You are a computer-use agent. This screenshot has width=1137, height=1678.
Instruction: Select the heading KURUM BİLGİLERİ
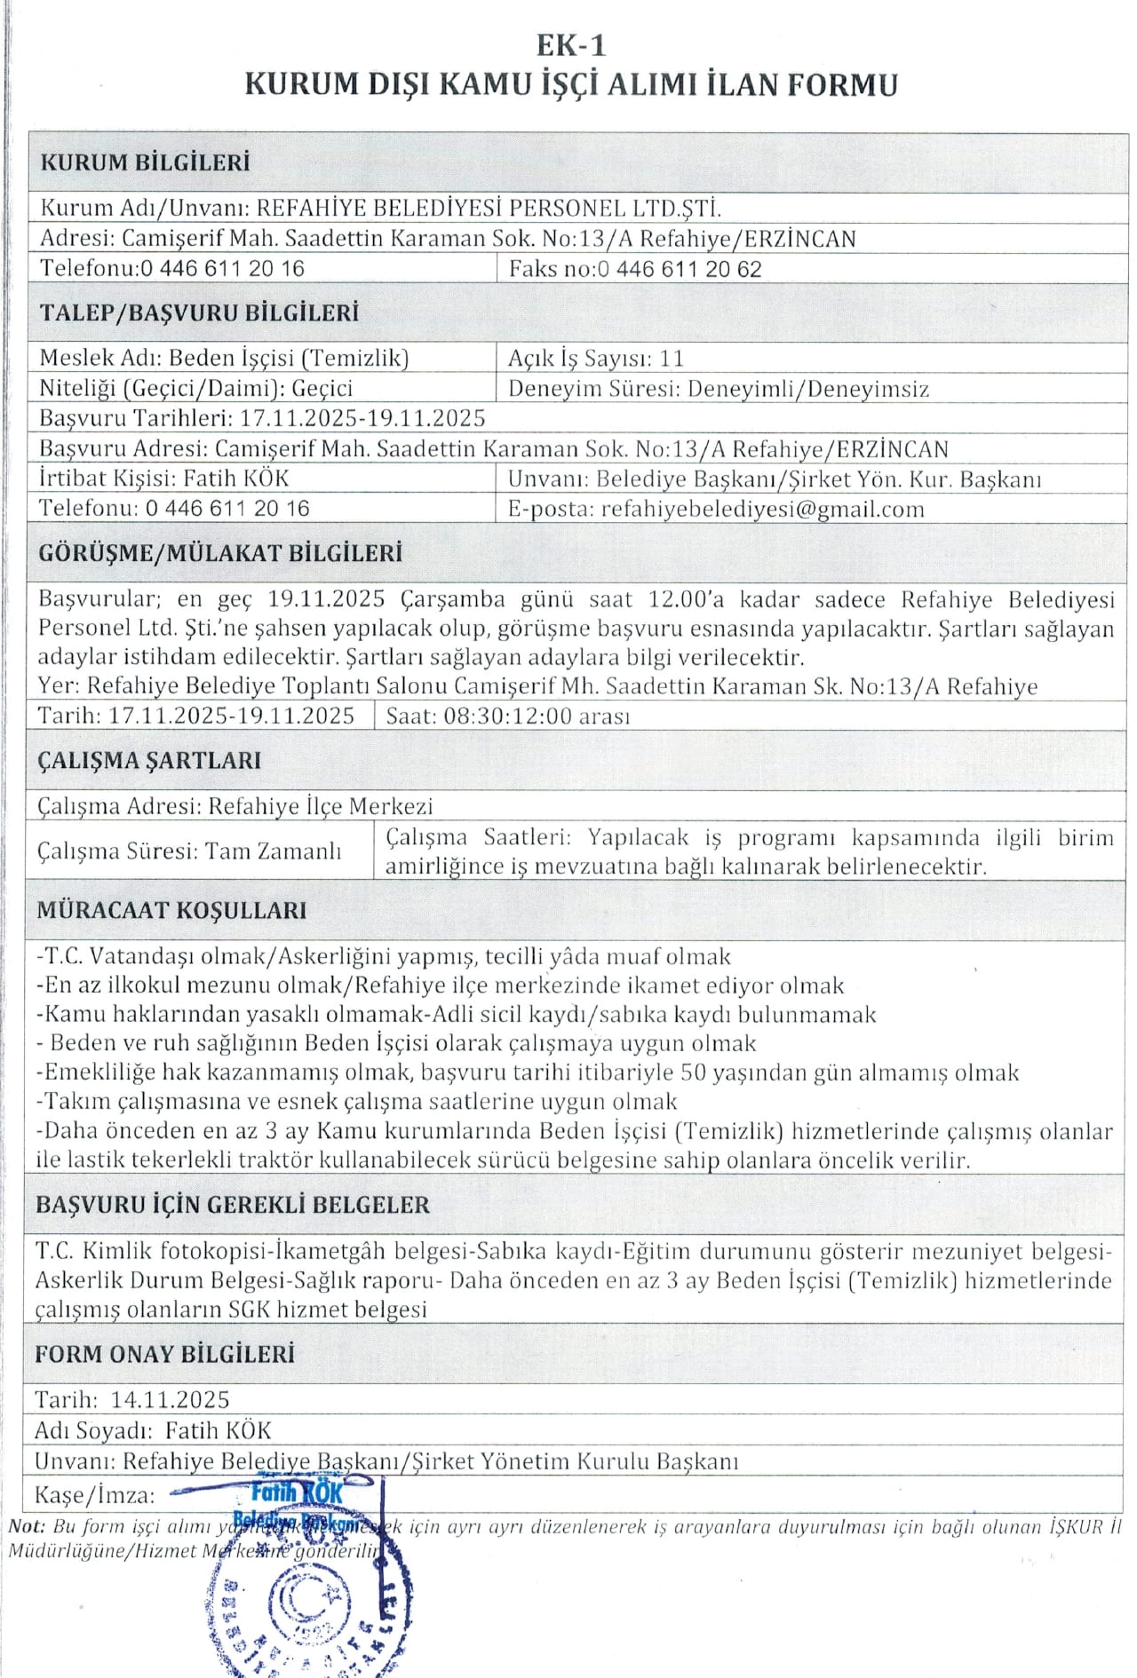(x=145, y=162)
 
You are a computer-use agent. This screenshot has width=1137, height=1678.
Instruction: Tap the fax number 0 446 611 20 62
(x=680, y=269)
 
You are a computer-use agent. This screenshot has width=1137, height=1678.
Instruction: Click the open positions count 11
(x=672, y=358)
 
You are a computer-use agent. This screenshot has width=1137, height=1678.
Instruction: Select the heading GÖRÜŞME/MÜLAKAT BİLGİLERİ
(x=220, y=553)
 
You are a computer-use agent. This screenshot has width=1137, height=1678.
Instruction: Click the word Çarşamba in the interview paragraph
(x=453, y=599)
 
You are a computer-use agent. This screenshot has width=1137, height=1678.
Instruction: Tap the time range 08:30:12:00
(x=507, y=716)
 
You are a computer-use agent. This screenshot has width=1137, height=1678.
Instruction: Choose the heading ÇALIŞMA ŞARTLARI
(x=149, y=761)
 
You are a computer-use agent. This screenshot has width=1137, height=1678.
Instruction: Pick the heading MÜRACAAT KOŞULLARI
(x=171, y=910)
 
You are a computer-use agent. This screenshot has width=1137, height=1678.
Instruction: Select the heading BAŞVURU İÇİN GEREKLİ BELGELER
(x=233, y=1205)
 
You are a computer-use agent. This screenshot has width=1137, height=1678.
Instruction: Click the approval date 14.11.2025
(x=170, y=1400)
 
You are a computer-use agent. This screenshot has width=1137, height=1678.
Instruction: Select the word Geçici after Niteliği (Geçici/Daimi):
(x=322, y=388)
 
